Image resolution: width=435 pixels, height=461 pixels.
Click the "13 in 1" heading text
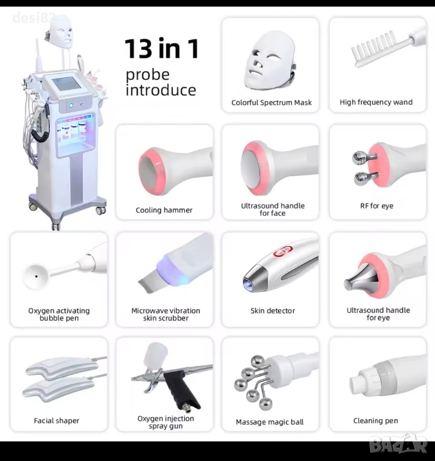tap(162, 49)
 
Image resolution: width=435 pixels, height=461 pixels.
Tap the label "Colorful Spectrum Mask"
tap(272, 103)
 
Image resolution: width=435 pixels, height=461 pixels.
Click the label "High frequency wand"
tap(376, 102)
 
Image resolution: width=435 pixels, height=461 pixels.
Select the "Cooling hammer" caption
tap(164, 210)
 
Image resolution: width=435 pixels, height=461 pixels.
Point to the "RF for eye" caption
tap(377, 206)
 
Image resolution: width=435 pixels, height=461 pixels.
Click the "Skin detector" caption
tap(273, 311)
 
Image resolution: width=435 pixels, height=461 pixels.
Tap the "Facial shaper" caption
tap(56, 421)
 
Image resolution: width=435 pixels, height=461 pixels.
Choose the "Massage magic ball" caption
tap(270, 422)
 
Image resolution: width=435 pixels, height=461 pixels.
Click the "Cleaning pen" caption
tap(376, 421)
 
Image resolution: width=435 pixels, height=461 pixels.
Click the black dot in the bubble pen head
tap(36, 276)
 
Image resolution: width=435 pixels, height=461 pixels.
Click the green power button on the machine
tap(71, 105)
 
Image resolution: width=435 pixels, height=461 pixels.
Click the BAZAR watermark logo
tap(398, 447)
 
